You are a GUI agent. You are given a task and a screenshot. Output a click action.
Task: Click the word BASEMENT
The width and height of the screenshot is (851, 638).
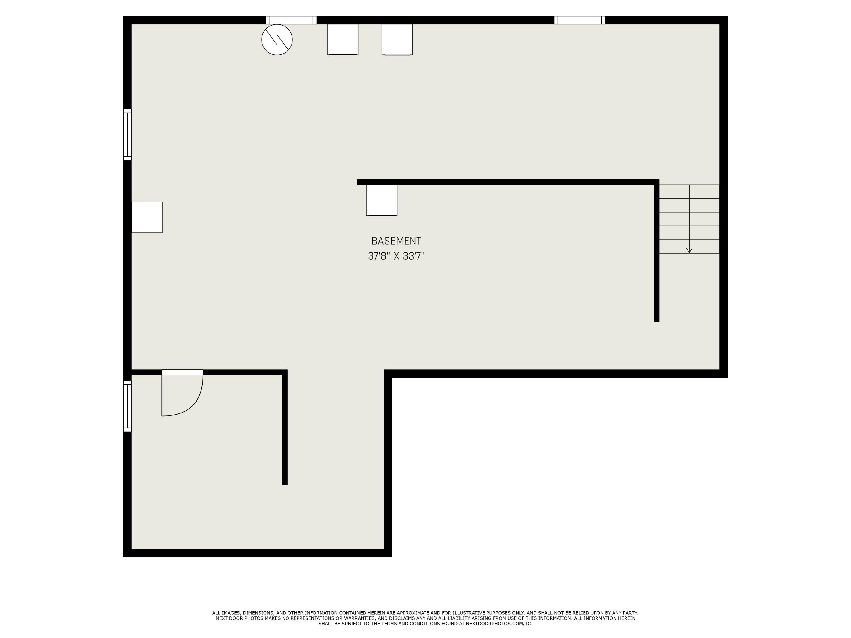pyautogui.click(x=396, y=241)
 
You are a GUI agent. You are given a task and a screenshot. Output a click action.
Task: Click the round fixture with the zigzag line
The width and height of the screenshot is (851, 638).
pyautogui.click(x=277, y=40)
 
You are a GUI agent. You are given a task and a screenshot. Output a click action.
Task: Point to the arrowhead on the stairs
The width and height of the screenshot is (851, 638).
pyautogui.click(x=689, y=250)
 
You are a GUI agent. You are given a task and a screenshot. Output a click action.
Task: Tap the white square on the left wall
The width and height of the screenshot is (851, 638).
pyautogui.click(x=147, y=217)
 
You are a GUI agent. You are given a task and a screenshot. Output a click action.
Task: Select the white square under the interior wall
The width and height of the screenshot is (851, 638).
pyautogui.click(x=382, y=200)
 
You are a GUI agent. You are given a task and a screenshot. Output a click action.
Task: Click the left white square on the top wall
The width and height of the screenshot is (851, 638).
pyautogui.click(x=343, y=39)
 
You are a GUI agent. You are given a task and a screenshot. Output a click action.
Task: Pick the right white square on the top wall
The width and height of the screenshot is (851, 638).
pyautogui.click(x=397, y=39)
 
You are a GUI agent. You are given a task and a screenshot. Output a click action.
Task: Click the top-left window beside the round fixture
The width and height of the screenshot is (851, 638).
pyautogui.click(x=291, y=20)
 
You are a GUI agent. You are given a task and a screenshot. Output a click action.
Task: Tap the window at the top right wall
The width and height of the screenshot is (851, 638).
pyautogui.click(x=579, y=20)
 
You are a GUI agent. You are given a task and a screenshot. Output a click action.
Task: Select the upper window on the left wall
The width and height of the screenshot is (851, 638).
pyautogui.click(x=127, y=135)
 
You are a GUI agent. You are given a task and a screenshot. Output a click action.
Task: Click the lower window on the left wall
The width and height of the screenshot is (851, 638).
pyautogui.click(x=127, y=406)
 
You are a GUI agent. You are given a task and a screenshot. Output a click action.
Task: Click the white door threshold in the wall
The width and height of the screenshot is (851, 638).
pyautogui.click(x=182, y=372)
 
